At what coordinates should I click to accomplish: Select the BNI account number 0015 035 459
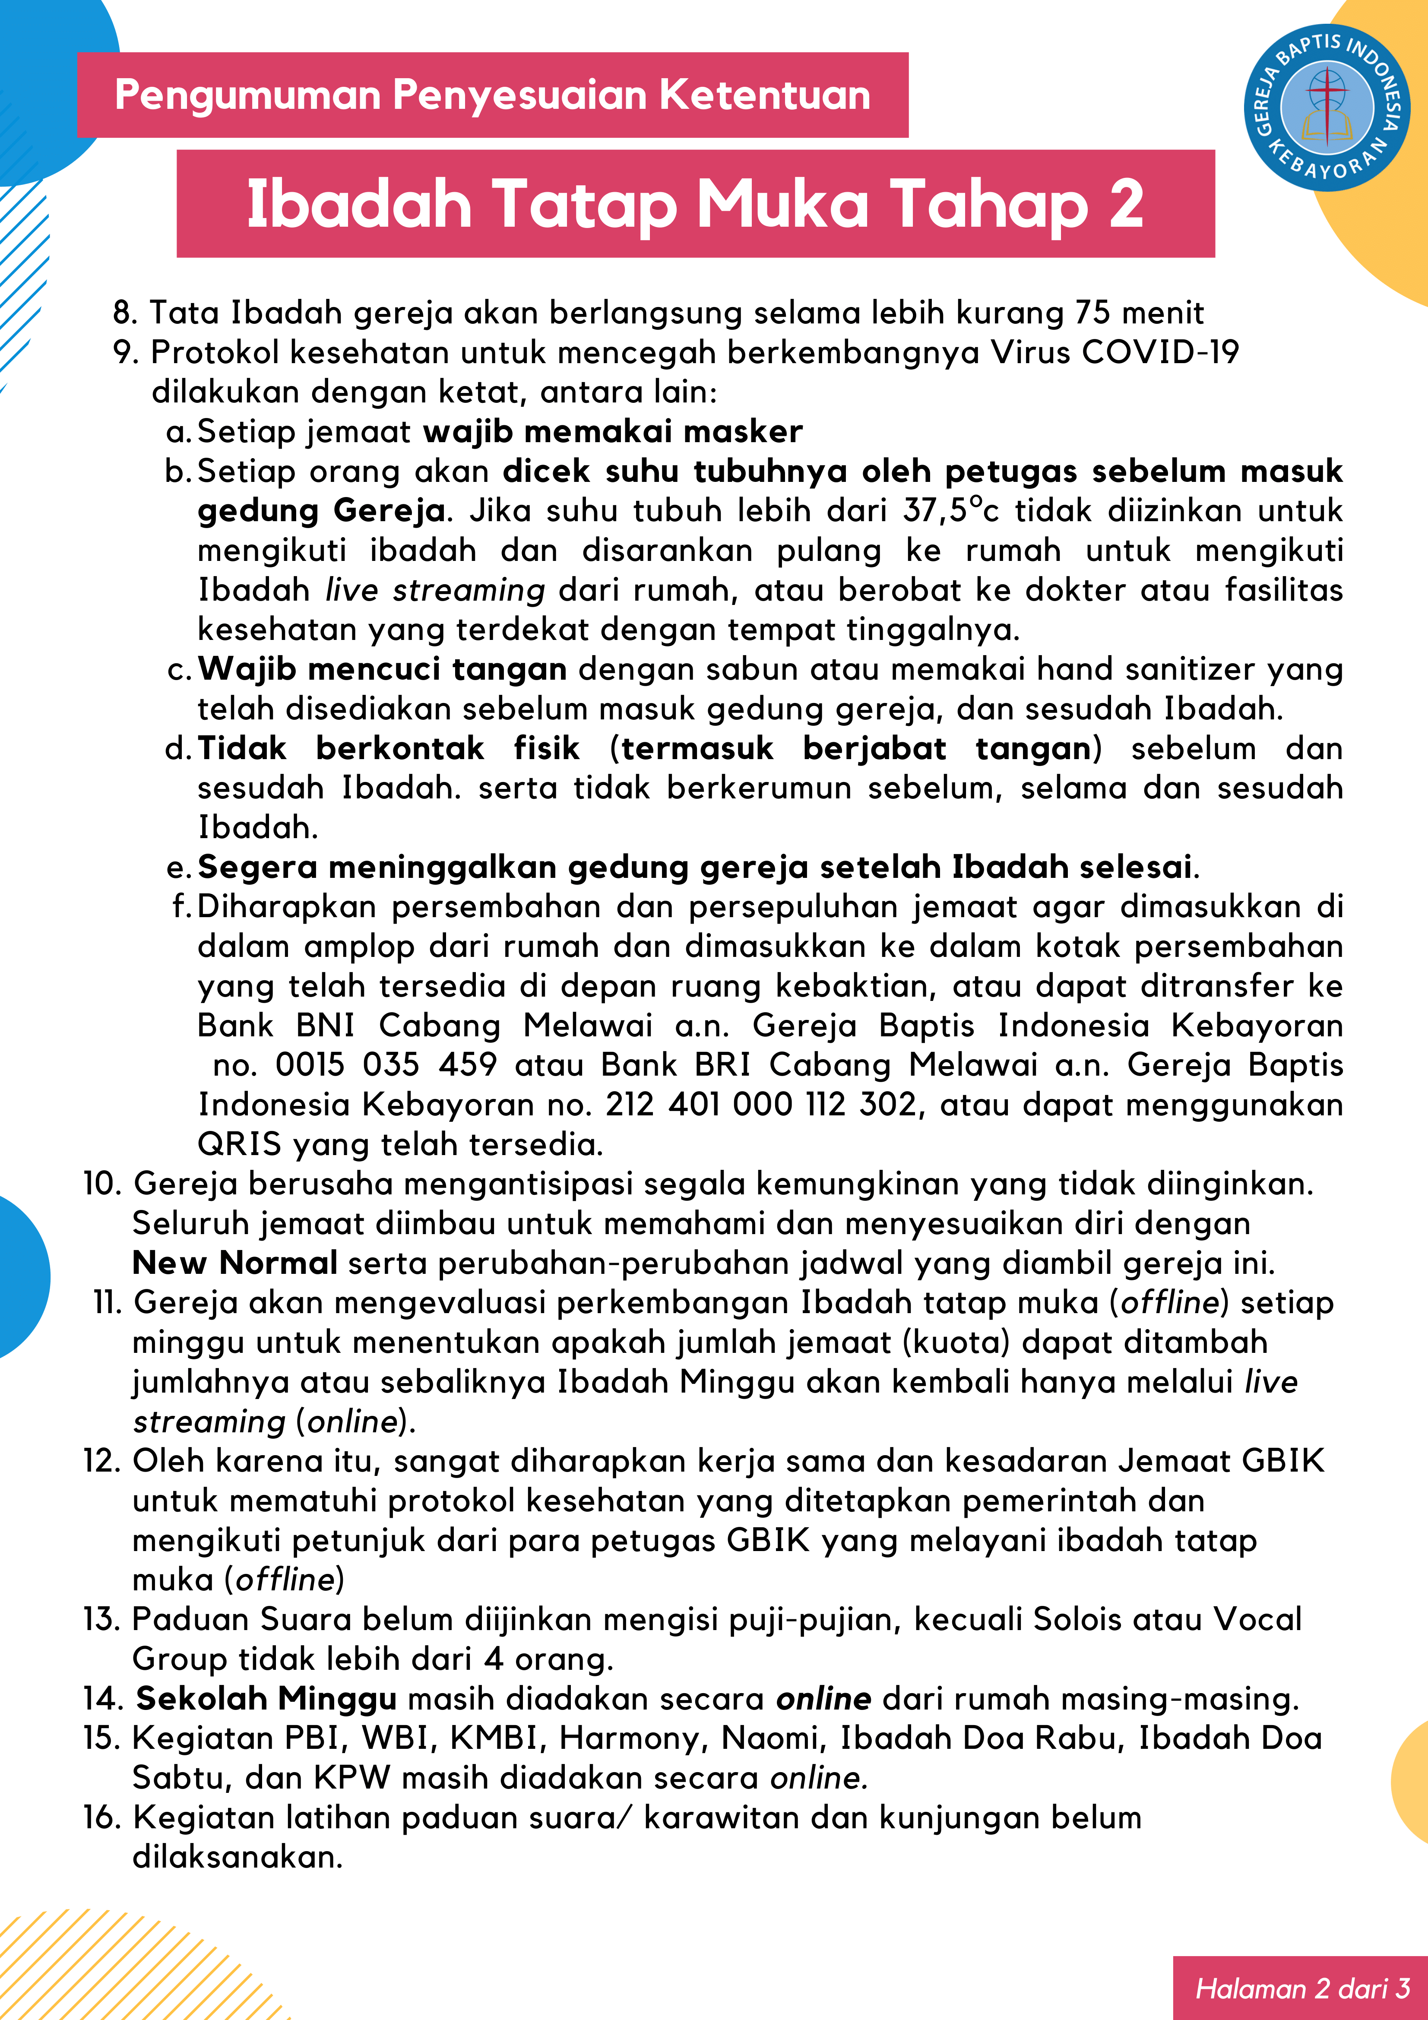[385, 1064]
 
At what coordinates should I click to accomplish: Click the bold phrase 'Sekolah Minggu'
[266, 1698]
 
